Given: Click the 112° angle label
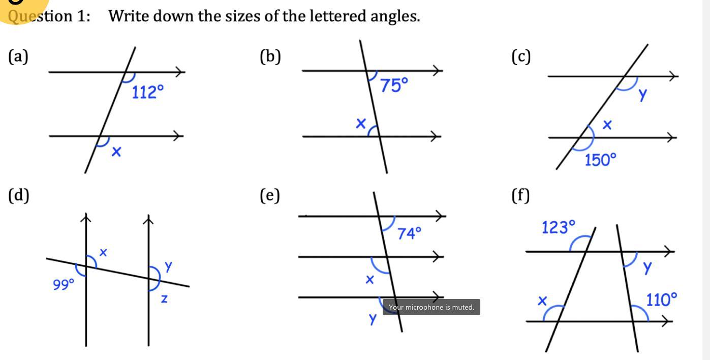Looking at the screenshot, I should coord(148,92).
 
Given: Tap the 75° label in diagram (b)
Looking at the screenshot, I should coord(394,85).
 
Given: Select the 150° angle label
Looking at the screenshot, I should coord(600,160).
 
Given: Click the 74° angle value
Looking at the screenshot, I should coord(410,233).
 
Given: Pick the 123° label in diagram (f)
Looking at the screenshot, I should coord(559,227).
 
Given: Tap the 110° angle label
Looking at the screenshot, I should coord(662,299).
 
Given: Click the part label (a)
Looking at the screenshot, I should coord(18,56).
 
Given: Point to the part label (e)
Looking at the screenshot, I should coord(270,195).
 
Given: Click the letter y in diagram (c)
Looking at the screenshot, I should coord(643,94).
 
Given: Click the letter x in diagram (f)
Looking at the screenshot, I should coord(542,301).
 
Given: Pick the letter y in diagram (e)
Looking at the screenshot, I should coord(373,319).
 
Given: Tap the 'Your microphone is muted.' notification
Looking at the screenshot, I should coord(431,307).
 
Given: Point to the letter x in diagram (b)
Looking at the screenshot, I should coord(361,123).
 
